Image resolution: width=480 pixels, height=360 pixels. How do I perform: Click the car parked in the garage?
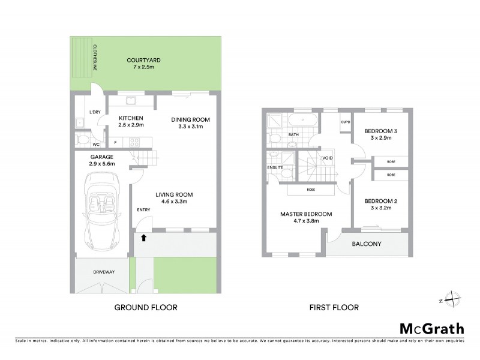[104, 211]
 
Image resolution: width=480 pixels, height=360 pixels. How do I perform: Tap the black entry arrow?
[143, 238]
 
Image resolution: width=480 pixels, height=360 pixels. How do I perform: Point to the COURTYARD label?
[143, 60]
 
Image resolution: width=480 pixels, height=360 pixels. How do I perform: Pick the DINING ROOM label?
[190, 119]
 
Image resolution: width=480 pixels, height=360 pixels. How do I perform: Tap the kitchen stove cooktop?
[134, 142]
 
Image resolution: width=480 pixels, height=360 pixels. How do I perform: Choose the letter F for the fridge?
[115, 142]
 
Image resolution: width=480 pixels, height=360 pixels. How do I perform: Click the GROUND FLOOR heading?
[146, 308]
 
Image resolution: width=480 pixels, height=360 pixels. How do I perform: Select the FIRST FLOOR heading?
[334, 308]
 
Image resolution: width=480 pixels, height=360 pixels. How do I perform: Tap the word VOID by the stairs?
[328, 158]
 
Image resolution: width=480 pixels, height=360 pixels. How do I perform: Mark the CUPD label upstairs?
[345, 122]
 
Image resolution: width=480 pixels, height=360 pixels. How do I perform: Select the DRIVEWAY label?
[103, 272]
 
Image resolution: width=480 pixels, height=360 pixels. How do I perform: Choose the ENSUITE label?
[276, 167]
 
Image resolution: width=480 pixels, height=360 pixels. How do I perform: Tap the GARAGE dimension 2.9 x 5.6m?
[101, 163]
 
